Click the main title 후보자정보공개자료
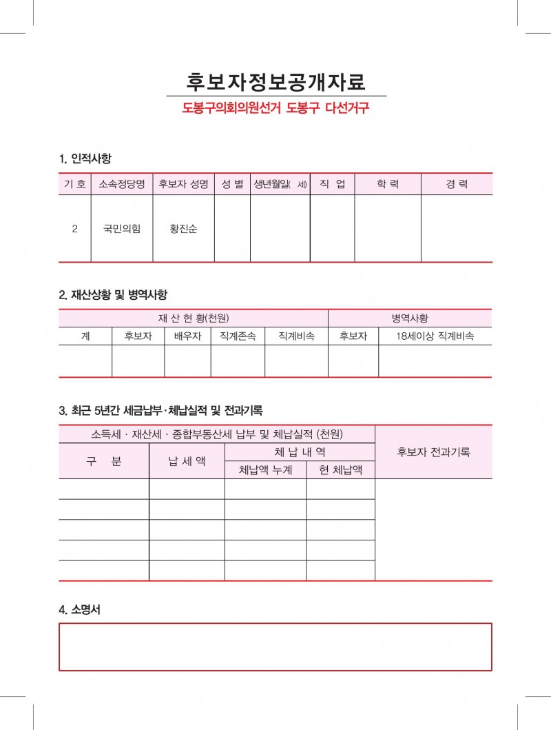[275, 81]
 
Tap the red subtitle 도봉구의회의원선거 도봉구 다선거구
[275, 109]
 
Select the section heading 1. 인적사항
[85, 158]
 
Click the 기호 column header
[74, 184]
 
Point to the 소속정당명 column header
[122, 184]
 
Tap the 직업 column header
[332, 184]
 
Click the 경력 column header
[457, 184]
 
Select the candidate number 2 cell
[74, 229]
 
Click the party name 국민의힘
[122, 229]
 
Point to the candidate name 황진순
[183, 229]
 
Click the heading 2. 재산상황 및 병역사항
[113, 294]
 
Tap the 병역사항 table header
[410, 318]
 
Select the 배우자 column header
[187, 336]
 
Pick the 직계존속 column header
[238, 336]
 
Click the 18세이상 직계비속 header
[435, 336]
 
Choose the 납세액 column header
[187, 461]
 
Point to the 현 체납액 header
[340, 470]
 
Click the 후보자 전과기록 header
[434, 452]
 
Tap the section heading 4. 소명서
[80, 609]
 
